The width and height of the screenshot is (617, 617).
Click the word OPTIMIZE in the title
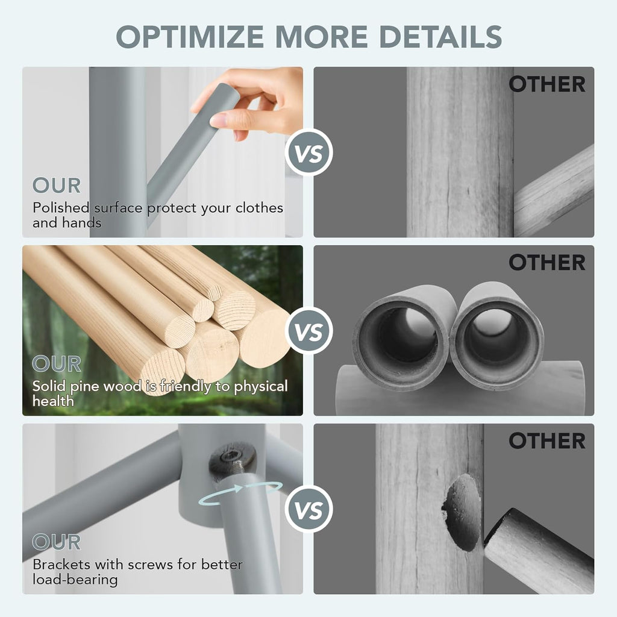coord(190,37)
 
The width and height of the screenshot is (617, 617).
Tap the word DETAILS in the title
coord(440,37)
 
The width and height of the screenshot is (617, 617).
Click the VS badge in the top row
coord(309,152)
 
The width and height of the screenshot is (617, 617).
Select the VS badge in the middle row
coord(309,331)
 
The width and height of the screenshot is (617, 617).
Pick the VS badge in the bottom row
coord(309,509)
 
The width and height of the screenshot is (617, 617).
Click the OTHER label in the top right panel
coord(547,84)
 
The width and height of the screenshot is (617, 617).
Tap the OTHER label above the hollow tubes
coord(547,263)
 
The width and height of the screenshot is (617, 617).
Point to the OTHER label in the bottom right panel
coord(547,440)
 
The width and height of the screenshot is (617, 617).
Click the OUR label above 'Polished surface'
coord(57,186)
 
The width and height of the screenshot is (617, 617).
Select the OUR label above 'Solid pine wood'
coord(57,363)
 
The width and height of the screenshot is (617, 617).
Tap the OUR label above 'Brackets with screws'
coord(57,542)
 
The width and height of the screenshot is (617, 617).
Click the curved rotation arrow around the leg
coord(240,489)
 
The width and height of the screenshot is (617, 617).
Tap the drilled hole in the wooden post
coord(463,512)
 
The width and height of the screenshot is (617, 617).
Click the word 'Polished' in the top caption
coord(61,208)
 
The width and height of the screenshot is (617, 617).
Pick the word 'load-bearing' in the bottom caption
coord(75,580)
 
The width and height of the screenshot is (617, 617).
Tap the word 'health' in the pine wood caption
coord(53,401)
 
